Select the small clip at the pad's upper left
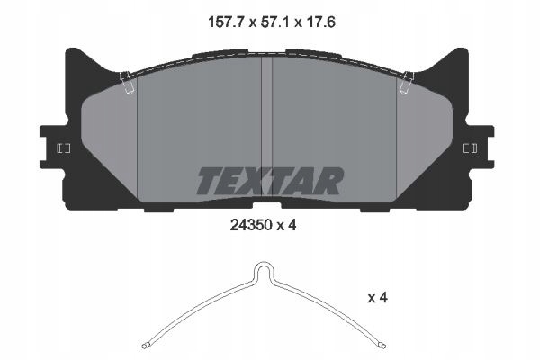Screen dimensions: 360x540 129,83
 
